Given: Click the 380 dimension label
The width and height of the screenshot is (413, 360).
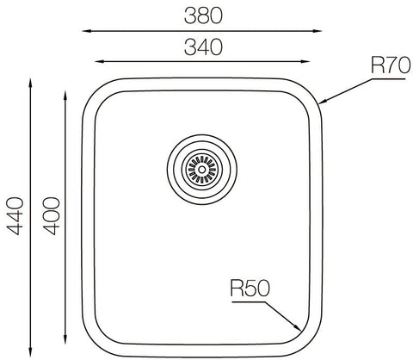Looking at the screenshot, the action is click(x=203, y=16).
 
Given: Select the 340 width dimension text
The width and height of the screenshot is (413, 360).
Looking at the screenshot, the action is click(x=203, y=47).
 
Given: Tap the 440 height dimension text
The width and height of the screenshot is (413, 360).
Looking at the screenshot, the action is click(x=15, y=216).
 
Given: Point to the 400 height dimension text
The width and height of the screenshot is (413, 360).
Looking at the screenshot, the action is click(x=51, y=216).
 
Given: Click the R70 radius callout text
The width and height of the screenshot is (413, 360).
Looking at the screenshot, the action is click(x=391, y=65).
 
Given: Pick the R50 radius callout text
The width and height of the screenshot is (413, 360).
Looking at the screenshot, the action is click(x=250, y=289).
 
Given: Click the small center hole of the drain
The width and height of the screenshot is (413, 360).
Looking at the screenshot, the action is click(x=202, y=170).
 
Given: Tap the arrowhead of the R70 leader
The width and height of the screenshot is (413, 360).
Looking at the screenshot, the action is click(x=322, y=102).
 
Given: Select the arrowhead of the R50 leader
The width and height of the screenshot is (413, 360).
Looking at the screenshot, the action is click(x=298, y=327).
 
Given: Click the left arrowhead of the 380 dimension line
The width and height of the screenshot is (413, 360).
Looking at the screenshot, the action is click(x=86, y=31).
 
